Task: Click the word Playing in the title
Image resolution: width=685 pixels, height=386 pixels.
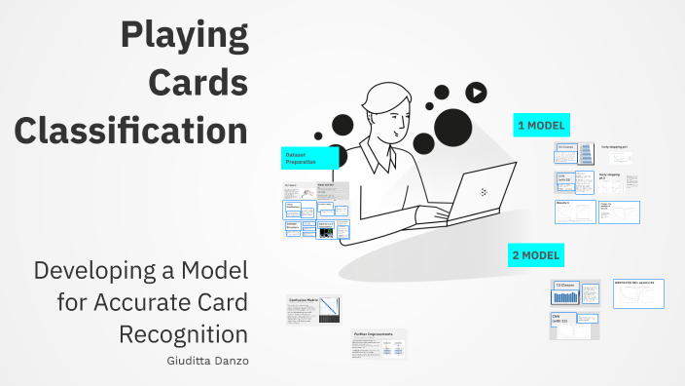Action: [184, 36]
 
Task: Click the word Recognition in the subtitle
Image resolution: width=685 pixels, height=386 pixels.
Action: [183, 333]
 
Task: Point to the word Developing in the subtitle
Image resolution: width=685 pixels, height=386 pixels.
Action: [91, 269]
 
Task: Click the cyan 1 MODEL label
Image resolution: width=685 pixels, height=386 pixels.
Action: [541, 125]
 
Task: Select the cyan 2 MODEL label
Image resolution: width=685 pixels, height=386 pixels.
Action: [536, 256]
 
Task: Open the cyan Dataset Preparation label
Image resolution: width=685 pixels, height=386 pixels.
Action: [309, 158]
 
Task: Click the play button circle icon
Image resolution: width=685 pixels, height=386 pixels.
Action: [476, 93]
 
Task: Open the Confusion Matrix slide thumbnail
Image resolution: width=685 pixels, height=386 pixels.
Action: [313, 309]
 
